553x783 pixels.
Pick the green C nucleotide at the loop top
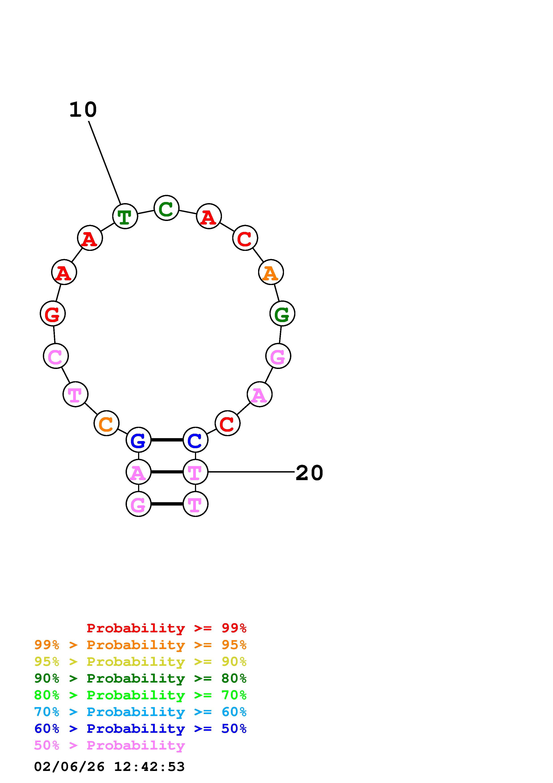point(166,208)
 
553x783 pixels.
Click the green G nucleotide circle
point(282,314)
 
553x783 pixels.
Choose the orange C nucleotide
point(106,424)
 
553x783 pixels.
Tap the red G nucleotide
point(52,314)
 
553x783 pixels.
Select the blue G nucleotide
point(138,440)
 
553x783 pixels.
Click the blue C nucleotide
point(195,440)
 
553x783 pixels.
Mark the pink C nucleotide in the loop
point(56,356)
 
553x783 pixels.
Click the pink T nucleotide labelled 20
point(195,472)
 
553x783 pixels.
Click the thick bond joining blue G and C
point(167,440)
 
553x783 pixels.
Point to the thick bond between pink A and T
point(167,472)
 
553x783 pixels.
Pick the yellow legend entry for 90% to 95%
point(140,662)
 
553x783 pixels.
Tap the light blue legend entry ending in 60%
point(140,712)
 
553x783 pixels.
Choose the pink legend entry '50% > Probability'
point(109,746)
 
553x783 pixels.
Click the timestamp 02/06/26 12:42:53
point(109,767)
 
